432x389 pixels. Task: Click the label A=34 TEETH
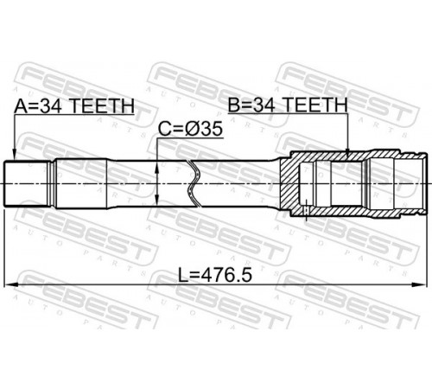(x=74, y=105)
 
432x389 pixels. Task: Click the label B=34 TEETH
(x=288, y=105)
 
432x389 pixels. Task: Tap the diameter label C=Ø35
(x=190, y=129)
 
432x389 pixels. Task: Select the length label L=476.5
(x=215, y=275)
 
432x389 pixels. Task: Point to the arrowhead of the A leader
(x=14, y=155)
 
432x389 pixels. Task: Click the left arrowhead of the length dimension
(x=11, y=284)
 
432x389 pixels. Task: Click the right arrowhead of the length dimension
(x=420, y=284)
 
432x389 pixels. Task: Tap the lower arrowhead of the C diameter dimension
(x=157, y=200)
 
